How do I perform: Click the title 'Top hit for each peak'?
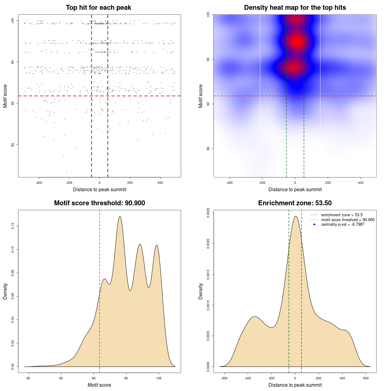tap(98, 8)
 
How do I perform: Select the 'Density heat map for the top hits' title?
tap(295, 8)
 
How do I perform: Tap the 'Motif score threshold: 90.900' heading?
tap(99, 203)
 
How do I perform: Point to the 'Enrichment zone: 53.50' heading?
tap(295, 203)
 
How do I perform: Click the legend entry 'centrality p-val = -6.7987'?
tap(343, 225)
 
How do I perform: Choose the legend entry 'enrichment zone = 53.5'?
tap(342, 215)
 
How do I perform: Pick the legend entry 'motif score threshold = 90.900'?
tap(348, 220)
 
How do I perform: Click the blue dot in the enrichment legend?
tap(314, 225)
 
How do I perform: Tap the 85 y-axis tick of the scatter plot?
tap(13, 145)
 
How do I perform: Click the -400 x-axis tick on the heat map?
tap(229, 183)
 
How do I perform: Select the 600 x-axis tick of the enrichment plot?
tap(366, 378)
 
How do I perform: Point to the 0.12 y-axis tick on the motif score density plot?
tap(13, 226)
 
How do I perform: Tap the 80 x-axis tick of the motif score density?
tap(28, 378)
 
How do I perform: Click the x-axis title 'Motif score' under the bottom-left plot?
tap(99, 385)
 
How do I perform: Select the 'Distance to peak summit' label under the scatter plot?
tap(100, 189)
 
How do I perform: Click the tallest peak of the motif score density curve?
tap(120, 216)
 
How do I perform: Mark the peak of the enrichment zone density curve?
tap(295, 216)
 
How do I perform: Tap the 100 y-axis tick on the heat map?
tap(208, 14)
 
